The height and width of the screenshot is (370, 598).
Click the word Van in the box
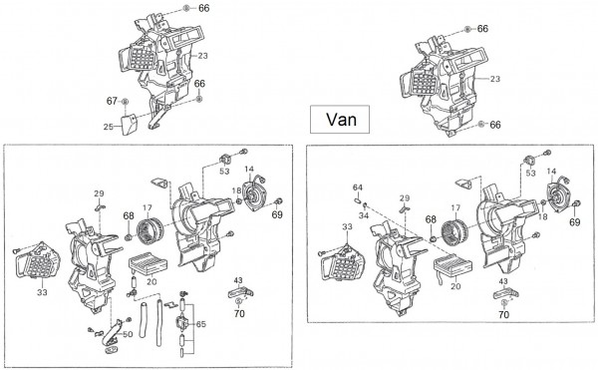(x=341, y=120)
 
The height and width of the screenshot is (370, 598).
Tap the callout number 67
(x=112, y=101)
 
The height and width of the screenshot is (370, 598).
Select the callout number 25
(x=109, y=127)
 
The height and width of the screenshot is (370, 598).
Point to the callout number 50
(x=128, y=334)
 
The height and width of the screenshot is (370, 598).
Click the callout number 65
(x=200, y=324)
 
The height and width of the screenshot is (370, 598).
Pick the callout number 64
(x=358, y=187)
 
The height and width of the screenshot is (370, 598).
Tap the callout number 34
(x=364, y=215)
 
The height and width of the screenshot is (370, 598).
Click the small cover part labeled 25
(x=130, y=124)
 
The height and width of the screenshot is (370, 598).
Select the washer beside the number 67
(x=125, y=102)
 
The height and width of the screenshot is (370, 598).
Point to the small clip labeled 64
(x=358, y=199)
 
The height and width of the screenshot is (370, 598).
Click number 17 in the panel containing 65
(x=148, y=207)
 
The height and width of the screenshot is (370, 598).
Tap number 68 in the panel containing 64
(x=431, y=219)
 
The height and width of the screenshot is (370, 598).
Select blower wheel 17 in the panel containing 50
(x=149, y=230)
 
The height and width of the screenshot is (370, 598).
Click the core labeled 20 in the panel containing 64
(x=452, y=266)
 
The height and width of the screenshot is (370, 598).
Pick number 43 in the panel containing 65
(x=237, y=280)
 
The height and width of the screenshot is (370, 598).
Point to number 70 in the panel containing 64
(x=503, y=315)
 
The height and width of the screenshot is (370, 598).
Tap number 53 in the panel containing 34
(x=530, y=174)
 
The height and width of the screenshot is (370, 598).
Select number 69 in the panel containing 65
(x=277, y=214)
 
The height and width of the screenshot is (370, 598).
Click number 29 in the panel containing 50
(x=99, y=193)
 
